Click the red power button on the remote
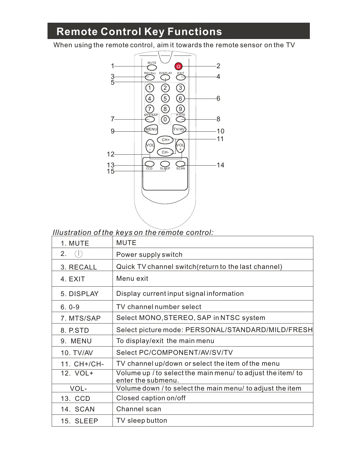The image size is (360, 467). point(178,66)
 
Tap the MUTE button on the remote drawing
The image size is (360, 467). point(152,67)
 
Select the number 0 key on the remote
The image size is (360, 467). point(165,119)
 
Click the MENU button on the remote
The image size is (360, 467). point(151,129)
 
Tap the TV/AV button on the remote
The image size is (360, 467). point(179,129)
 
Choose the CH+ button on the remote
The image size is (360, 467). point(165,140)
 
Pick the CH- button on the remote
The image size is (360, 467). point(165,152)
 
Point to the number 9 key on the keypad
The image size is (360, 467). point(180,109)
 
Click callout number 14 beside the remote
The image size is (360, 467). point(220,165)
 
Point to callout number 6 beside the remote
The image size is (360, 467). point(218,98)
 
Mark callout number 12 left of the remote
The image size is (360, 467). point(110,154)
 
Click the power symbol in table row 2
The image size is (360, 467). point(79,254)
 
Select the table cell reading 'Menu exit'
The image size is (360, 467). point(132,278)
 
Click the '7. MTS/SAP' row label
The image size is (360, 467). point(81,318)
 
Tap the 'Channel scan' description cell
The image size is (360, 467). point(139,409)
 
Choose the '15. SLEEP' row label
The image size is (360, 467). point(79,421)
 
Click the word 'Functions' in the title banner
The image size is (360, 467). point(195,32)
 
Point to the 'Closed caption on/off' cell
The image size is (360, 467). point(151,398)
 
